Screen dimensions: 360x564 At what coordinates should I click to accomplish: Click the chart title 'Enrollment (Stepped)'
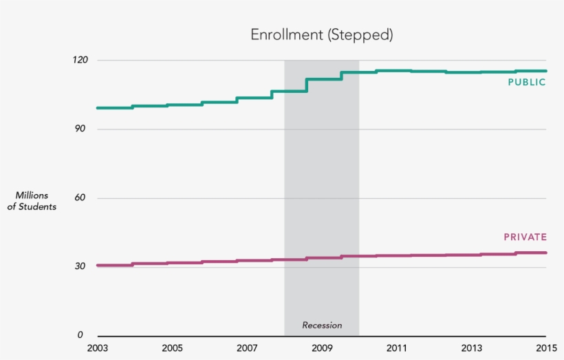[321, 35]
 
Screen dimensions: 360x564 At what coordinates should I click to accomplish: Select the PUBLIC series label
[527, 83]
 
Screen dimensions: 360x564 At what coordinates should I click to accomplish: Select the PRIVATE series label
[525, 237]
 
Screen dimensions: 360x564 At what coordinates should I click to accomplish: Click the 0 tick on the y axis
[80, 335]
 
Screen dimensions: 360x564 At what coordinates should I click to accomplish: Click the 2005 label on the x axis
[172, 348]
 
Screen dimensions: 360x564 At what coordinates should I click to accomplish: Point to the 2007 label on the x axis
[247, 348]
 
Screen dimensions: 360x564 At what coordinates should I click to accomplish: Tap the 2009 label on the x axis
[322, 348]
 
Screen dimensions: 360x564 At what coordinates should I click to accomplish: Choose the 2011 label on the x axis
[397, 348]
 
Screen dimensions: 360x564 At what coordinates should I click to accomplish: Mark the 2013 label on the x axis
[472, 348]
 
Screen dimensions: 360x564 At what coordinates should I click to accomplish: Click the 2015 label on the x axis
[546, 348]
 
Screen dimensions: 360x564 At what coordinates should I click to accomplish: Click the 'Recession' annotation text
[322, 326]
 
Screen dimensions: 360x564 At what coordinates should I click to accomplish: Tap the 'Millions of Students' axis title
[32, 201]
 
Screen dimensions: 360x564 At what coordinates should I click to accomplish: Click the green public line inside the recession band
[323, 79]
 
